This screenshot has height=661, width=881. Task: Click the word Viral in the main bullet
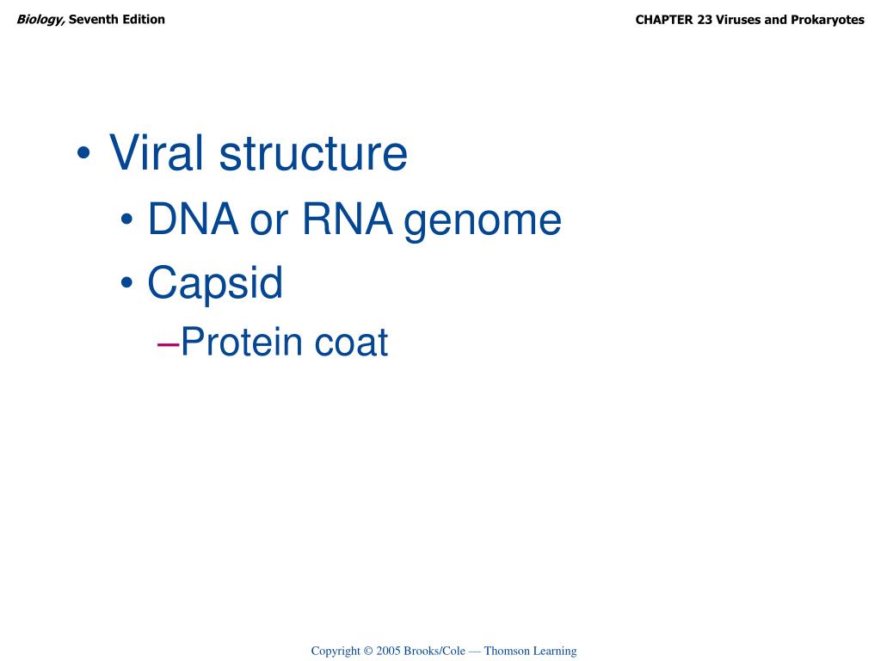[156, 154]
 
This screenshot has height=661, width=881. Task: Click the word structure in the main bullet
[313, 154]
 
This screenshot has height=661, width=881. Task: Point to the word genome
[483, 221]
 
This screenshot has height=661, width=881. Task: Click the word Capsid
[215, 283]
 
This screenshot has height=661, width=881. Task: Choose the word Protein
[242, 343]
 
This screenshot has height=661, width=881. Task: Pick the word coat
[351, 343]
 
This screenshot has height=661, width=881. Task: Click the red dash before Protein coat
[169, 343]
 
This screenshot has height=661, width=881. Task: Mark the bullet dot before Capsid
[127, 284]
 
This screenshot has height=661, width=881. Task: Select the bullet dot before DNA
[127, 221]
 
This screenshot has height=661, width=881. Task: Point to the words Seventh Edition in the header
[117, 19]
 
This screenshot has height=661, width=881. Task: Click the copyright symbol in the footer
[367, 652]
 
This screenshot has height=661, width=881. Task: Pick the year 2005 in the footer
[389, 652]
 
